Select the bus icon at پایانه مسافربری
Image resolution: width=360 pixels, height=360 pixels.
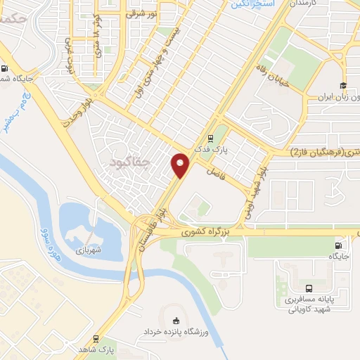tap(309, 288)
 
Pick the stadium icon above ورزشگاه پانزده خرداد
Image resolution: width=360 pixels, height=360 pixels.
tap(176, 321)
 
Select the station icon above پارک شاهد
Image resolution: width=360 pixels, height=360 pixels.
tap(96, 337)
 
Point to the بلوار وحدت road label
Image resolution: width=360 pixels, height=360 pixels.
tap(77, 124)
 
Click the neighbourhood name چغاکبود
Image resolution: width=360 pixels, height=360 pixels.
tap(131, 163)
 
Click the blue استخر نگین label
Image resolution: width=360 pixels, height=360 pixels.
tap(250, 4)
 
